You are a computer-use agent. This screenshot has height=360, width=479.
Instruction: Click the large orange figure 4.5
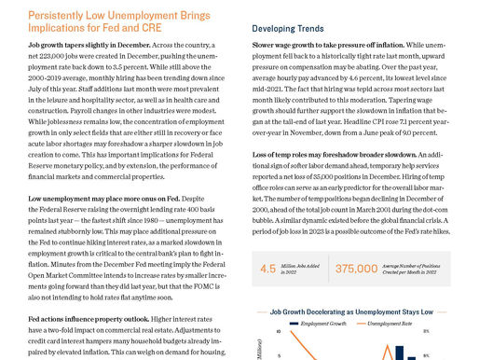coord(268,269)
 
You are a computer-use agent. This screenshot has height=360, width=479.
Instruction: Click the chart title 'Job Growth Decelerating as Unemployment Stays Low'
coord(352,311)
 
